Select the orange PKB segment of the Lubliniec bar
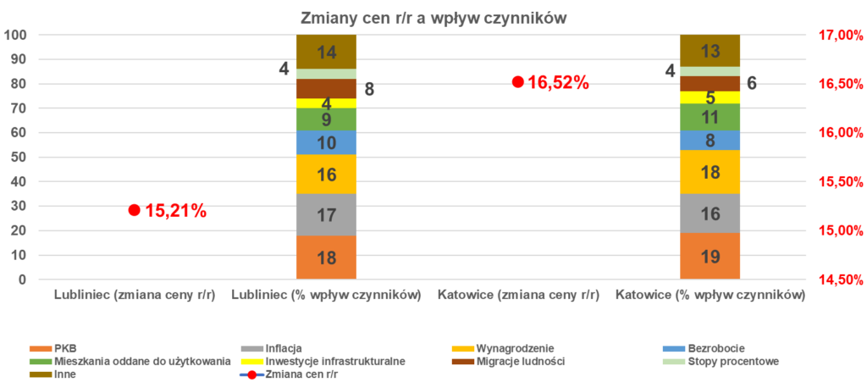coord(326,258)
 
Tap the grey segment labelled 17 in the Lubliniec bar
coord(326,214)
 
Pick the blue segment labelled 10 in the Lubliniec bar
coord(326,142)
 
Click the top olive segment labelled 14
coord(326,52)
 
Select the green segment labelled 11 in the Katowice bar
coord(710,117)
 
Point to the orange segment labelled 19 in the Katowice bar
coord(710,256)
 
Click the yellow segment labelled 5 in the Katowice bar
coord(710,97)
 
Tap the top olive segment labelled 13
coord(710,50)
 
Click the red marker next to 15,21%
coord(134,210)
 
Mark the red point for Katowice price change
coord(517,82)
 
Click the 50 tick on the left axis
coord(19,158)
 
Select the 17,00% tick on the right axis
coord(840,35)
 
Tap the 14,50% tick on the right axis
coord(840,280)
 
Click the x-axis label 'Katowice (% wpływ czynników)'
coord(710,296)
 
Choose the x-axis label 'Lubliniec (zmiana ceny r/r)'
coord(134,296)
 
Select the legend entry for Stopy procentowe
coord(737,361)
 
